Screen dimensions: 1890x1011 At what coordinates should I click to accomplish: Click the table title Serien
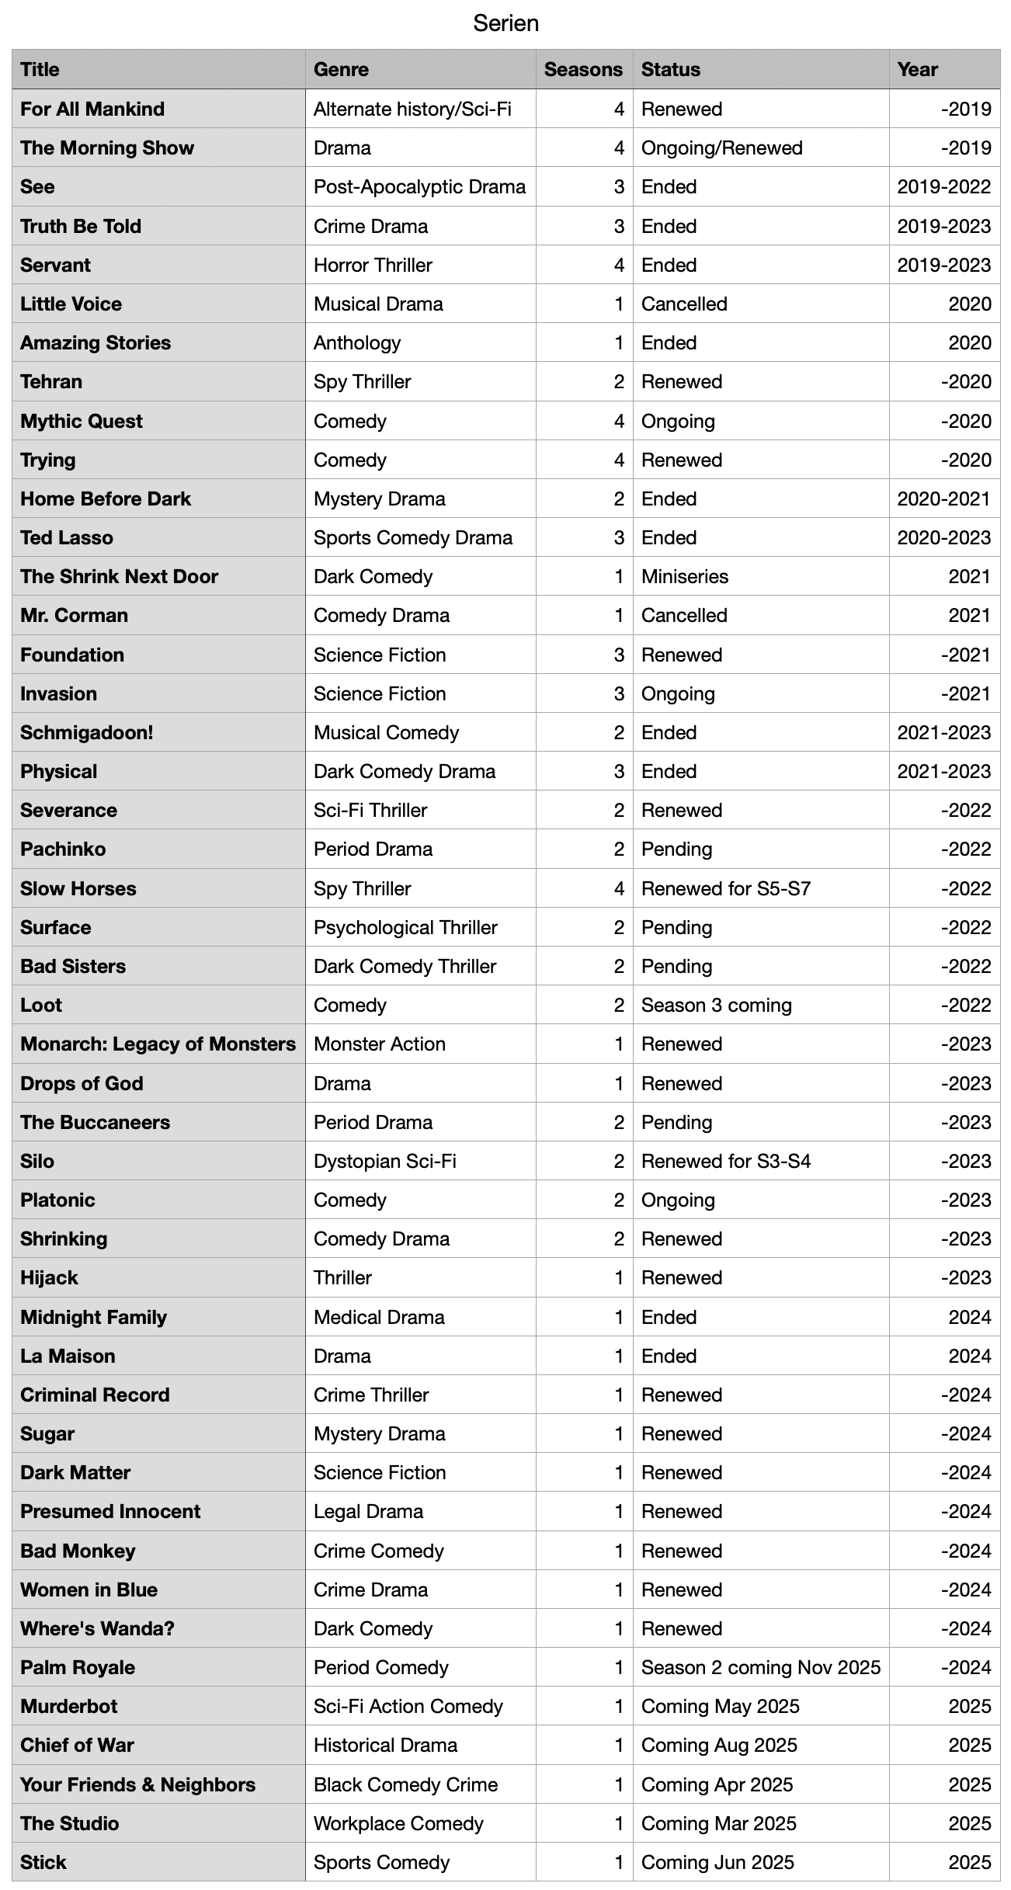pyautogui.click(x=505, y=23)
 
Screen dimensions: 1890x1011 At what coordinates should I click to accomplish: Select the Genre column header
pyautogui.click(x=341, y=70)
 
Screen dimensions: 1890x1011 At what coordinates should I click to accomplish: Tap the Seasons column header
pyautogui.click(x=583, y=70)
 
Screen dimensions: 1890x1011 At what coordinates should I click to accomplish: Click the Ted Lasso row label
pyautogui.click(x=67, y=537)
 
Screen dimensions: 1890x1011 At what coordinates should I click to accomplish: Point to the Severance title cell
pyautogui.click(x=68, y=810)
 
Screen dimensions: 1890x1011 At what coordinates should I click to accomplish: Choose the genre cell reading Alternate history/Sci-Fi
pyautogui.click(x=412, y=109)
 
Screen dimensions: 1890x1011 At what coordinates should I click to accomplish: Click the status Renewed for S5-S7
pyautogui.click(x=725, y=888)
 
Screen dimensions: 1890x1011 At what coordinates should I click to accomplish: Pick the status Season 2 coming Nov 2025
pyautogui.click(x=760, y=1667)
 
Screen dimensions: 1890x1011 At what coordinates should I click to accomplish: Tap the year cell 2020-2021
pyautogui.click(x=943, y=499)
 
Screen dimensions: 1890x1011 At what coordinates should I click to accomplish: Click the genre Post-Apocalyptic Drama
pyautogui.click(x=419, y=187)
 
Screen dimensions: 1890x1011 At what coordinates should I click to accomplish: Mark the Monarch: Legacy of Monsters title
pyautogui.click(x=158, y=1044)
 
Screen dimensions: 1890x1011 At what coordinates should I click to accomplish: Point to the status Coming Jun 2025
pyautogui.click(x=717, y=1862)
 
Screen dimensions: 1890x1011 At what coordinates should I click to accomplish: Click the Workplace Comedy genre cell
pyautogui.click(x=398, y=1823)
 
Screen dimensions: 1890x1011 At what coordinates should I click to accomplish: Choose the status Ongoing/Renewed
pyautogui.click(x=721, y=148)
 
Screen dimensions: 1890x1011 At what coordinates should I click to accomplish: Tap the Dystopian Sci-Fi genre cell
pyautogui.click(x=384, y=1161)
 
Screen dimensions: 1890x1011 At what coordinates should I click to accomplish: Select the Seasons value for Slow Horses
pyautogui.click(x=618, y=888)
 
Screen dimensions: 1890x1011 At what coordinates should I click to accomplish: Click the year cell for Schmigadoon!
pyautogui.click(x=943, y=732)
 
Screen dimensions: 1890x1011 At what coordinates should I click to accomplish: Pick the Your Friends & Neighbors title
pyautogui.click(x=137, y=1784)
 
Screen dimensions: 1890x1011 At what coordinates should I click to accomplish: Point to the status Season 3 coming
pyautogui.click(x=716, y=1005)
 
